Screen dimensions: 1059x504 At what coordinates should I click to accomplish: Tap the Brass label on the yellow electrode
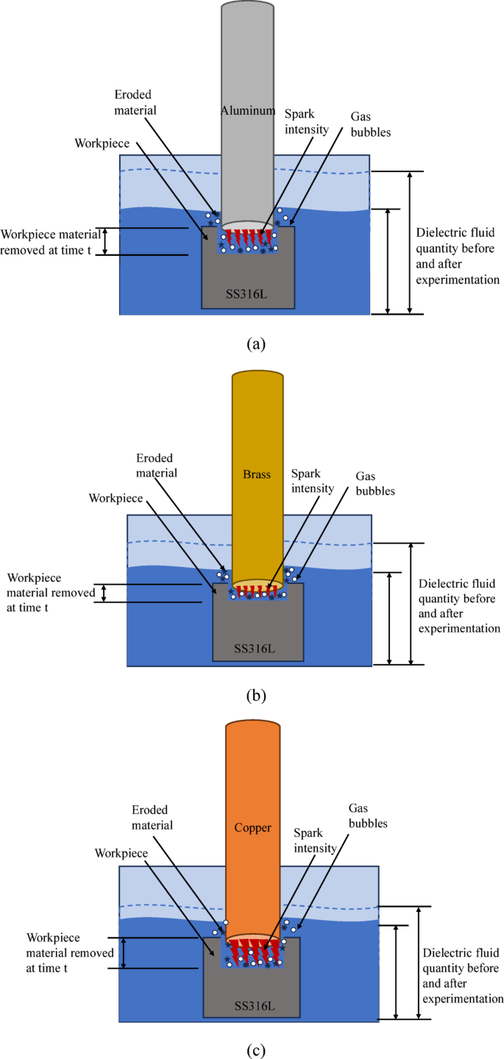[x=257, y=474]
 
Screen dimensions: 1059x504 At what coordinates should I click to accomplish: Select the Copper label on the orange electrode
[x=252, y=827]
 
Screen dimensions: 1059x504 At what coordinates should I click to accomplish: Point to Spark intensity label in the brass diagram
[x=313, y=480]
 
